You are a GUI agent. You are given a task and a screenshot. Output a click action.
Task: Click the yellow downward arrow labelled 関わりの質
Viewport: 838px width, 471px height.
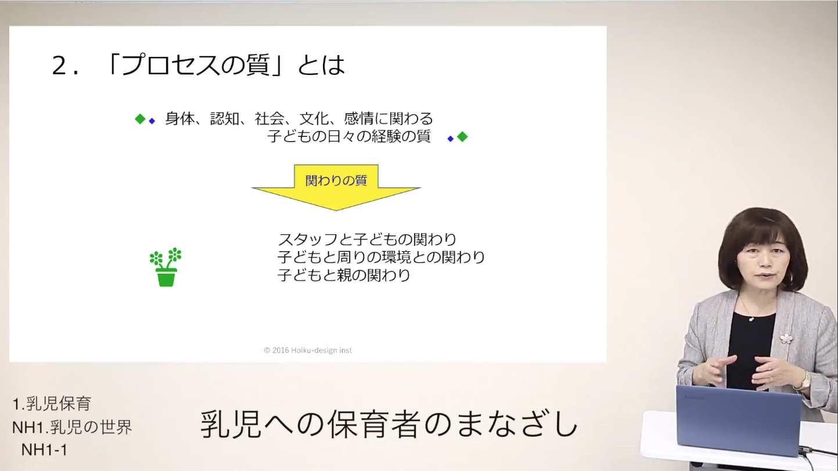pos(336,187)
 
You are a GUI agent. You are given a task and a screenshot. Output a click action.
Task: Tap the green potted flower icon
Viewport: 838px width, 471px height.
pos(166,267)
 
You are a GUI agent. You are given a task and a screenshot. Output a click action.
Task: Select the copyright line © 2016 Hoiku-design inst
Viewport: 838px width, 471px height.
pos(308,350)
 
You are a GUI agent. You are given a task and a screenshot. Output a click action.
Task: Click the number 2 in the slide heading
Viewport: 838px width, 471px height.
pos(59,66)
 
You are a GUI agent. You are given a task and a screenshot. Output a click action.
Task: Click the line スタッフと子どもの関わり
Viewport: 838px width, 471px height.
pos(367,239)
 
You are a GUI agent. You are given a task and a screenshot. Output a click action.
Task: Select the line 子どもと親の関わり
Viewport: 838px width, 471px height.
pos(344,275)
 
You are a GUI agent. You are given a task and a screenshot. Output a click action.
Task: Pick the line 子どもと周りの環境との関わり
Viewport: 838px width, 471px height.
pos(381,257)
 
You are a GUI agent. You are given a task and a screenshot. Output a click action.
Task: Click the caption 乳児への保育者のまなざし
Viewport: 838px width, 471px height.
pos(390,424)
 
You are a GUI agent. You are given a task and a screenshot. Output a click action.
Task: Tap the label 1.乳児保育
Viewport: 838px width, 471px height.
pos(52,404)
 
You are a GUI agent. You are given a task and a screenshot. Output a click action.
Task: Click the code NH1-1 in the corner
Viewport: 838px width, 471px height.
pos(44,450)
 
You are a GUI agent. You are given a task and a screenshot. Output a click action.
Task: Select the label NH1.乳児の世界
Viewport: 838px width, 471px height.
pos(72,427)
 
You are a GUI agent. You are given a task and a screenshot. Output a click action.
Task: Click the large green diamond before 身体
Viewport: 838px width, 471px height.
pos(140,119)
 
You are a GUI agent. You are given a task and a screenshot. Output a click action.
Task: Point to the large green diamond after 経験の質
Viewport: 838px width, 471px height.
pos(462,137)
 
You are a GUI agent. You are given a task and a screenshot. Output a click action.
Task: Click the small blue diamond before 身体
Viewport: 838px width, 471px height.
pos(152,121)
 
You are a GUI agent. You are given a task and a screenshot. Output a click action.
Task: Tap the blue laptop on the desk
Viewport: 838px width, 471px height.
pos(738,421)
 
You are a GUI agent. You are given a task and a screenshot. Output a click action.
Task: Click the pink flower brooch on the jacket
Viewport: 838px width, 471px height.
pos(786,339)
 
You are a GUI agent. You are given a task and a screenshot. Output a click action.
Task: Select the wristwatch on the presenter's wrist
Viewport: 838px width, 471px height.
pos(803,382)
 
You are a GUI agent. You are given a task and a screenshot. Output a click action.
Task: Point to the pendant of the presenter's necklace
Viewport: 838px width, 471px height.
pos(751,319)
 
